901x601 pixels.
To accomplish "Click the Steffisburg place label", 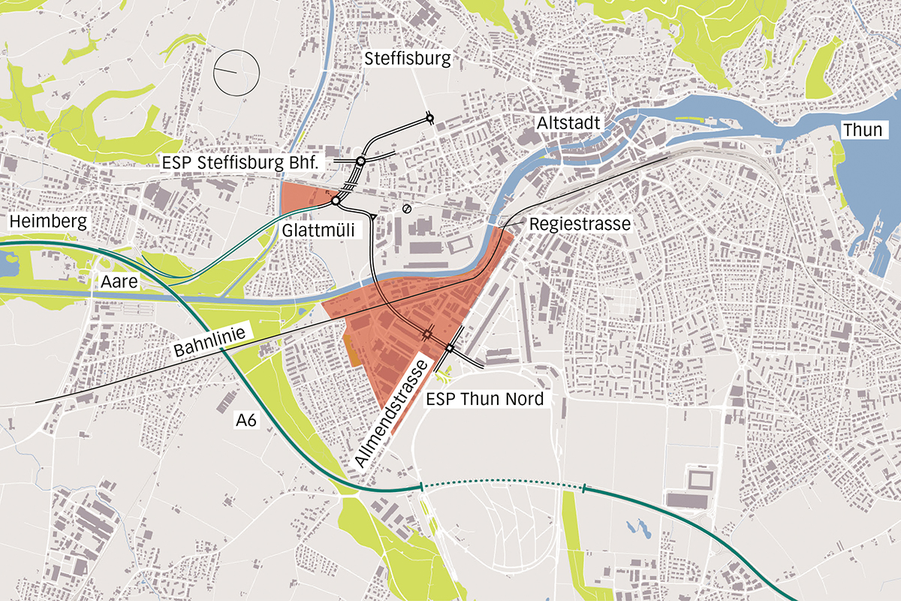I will (x=407, y=59).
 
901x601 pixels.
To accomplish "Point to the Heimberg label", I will (x=48, y=222).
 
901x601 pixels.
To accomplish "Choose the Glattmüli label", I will (x=318, y=230).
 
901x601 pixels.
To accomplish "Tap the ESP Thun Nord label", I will (x=484, y=399).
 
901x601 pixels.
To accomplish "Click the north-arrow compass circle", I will (x=236, y=72).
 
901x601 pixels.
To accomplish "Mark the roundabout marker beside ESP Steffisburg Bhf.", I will (x=360, y=162).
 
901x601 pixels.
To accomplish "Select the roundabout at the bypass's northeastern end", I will (x=429, y=117).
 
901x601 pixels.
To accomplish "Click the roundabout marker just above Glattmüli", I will (x=336, y=201).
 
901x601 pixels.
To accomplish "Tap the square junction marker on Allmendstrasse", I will (x=449, y=348).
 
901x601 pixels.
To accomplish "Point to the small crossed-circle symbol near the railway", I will (x=407, y=208).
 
